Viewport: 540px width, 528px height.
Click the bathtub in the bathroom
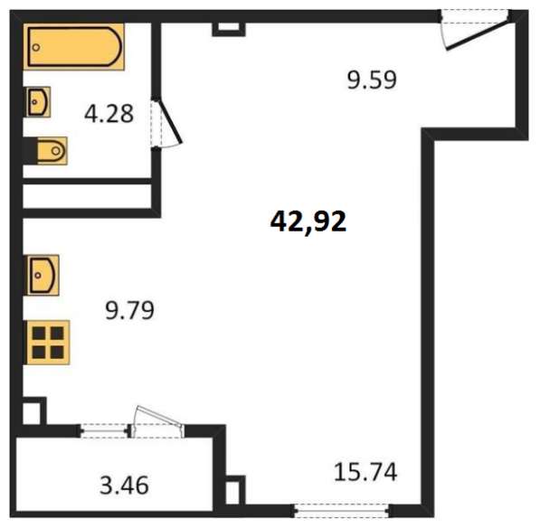(73, 47)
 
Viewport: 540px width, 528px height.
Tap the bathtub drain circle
(36, 48)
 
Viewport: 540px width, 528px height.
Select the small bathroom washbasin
(39, 102)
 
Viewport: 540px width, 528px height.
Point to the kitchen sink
(42, 276)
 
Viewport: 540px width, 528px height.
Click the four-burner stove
(47, 343)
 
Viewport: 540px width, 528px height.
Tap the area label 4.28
(109, 114)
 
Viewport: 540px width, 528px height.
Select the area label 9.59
(372, 80)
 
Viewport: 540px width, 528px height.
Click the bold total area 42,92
(308, 222)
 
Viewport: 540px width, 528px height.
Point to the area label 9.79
(129, 310)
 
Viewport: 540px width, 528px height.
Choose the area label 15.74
(365, 472)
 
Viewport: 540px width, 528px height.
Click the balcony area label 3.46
(124, 485)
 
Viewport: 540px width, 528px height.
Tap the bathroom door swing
(166, 124)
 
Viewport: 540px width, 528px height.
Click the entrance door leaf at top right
(477, 33)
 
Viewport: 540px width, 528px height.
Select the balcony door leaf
(159, 416)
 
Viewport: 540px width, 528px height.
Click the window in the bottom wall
(342, 510)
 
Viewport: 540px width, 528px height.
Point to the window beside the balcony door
(105, 430)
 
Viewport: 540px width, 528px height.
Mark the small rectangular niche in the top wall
(229, 29)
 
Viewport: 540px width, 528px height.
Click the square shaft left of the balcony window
(33, 411)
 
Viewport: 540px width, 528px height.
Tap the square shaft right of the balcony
(235, 491)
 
